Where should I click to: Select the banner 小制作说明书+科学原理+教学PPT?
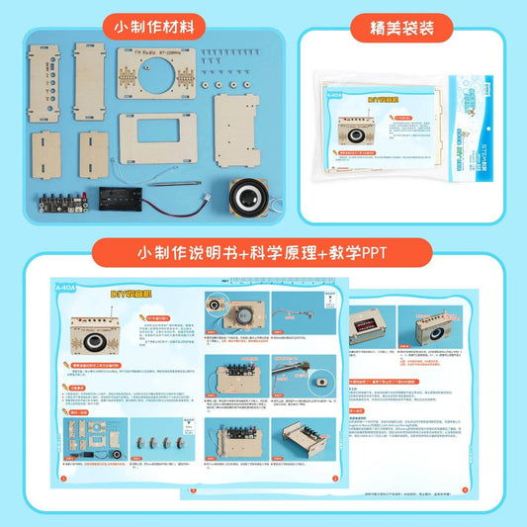(262, 252)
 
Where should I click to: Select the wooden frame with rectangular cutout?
(161, 136)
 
